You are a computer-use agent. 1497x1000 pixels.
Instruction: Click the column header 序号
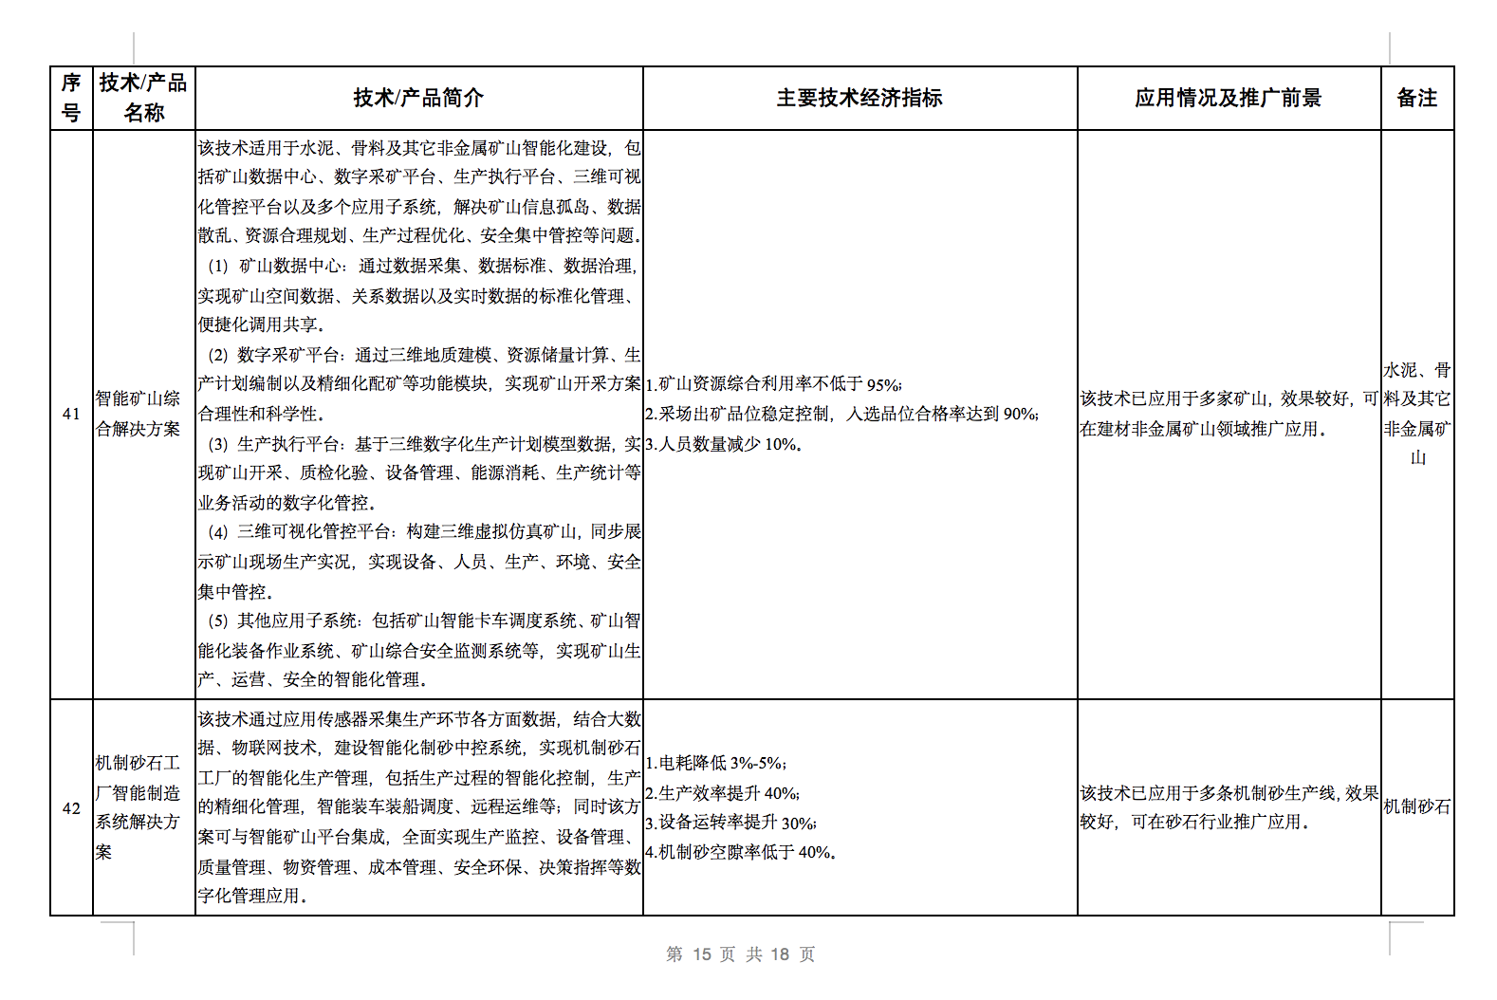(x=71, y=98)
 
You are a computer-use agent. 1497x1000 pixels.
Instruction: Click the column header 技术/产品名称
(x=143, y=98)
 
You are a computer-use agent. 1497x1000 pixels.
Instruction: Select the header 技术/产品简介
(x=418, y=98)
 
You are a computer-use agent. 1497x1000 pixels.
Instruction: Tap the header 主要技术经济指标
(x=859, y=98)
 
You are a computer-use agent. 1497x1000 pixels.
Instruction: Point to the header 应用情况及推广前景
(x=1228, y=98)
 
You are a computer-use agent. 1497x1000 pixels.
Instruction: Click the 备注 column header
(x=1416, y=98)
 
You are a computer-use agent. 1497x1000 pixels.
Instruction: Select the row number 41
(x=71, y=414)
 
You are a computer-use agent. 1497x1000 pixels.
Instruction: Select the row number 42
(x=71, y=808)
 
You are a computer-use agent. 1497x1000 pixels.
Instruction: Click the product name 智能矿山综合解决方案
(x=139, y=414)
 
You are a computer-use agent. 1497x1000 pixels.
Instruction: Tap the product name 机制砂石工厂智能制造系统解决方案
(x=139, y=807)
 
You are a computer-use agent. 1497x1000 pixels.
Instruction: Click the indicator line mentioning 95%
(x=774, y=384)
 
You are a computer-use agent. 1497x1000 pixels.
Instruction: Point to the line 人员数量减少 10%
(x=724, y=444)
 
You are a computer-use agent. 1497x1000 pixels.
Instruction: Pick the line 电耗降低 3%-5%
(x=716, y=763)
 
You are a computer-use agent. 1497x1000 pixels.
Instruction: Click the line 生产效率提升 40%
(x=723, y=793)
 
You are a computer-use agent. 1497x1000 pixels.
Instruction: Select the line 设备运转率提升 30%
(x=730, y=823)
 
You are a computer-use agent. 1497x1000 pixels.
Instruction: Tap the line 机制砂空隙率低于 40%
(x=741, y=852)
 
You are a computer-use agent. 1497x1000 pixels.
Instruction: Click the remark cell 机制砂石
(x=1416, y=806)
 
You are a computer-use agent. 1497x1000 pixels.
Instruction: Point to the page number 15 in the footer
(x=702, y=954)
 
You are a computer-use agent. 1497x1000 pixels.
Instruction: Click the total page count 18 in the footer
(x=780, y=954)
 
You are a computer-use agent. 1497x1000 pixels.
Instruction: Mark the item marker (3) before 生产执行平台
(x=218, y=444)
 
